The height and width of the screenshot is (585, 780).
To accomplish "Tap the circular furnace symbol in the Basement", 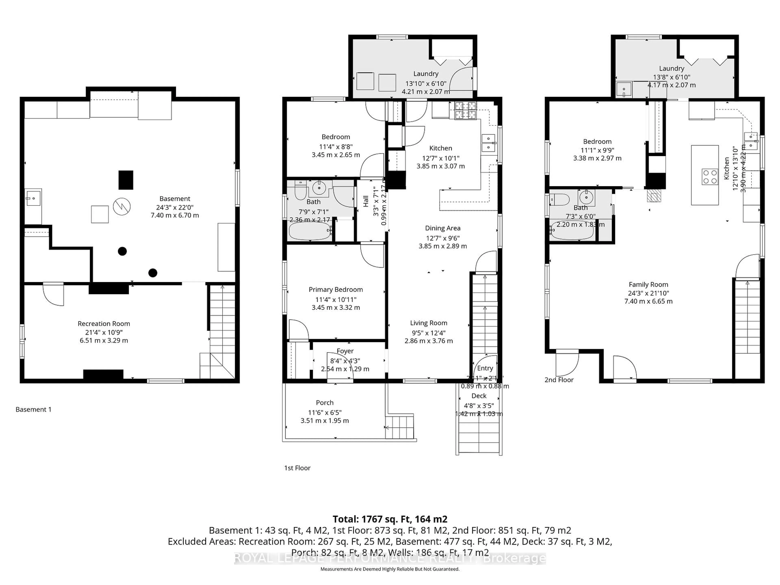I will coord(122,207).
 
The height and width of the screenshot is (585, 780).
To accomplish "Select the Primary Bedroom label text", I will coord(336,289).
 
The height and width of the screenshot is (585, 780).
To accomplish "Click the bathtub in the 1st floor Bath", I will coord(310,231).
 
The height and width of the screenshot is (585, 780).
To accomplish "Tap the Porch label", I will coord(324,403).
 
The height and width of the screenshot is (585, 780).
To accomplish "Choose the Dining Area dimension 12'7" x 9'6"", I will coord(443,238).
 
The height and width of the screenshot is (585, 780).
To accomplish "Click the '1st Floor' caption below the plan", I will coord(297,468).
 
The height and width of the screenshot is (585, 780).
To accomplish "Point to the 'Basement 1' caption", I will coord(34,409).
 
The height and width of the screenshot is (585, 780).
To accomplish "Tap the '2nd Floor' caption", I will coord(559,380).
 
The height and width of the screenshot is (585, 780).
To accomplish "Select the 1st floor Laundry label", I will coord(426,74).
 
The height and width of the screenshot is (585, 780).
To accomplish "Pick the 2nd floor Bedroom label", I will coord(597,141).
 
